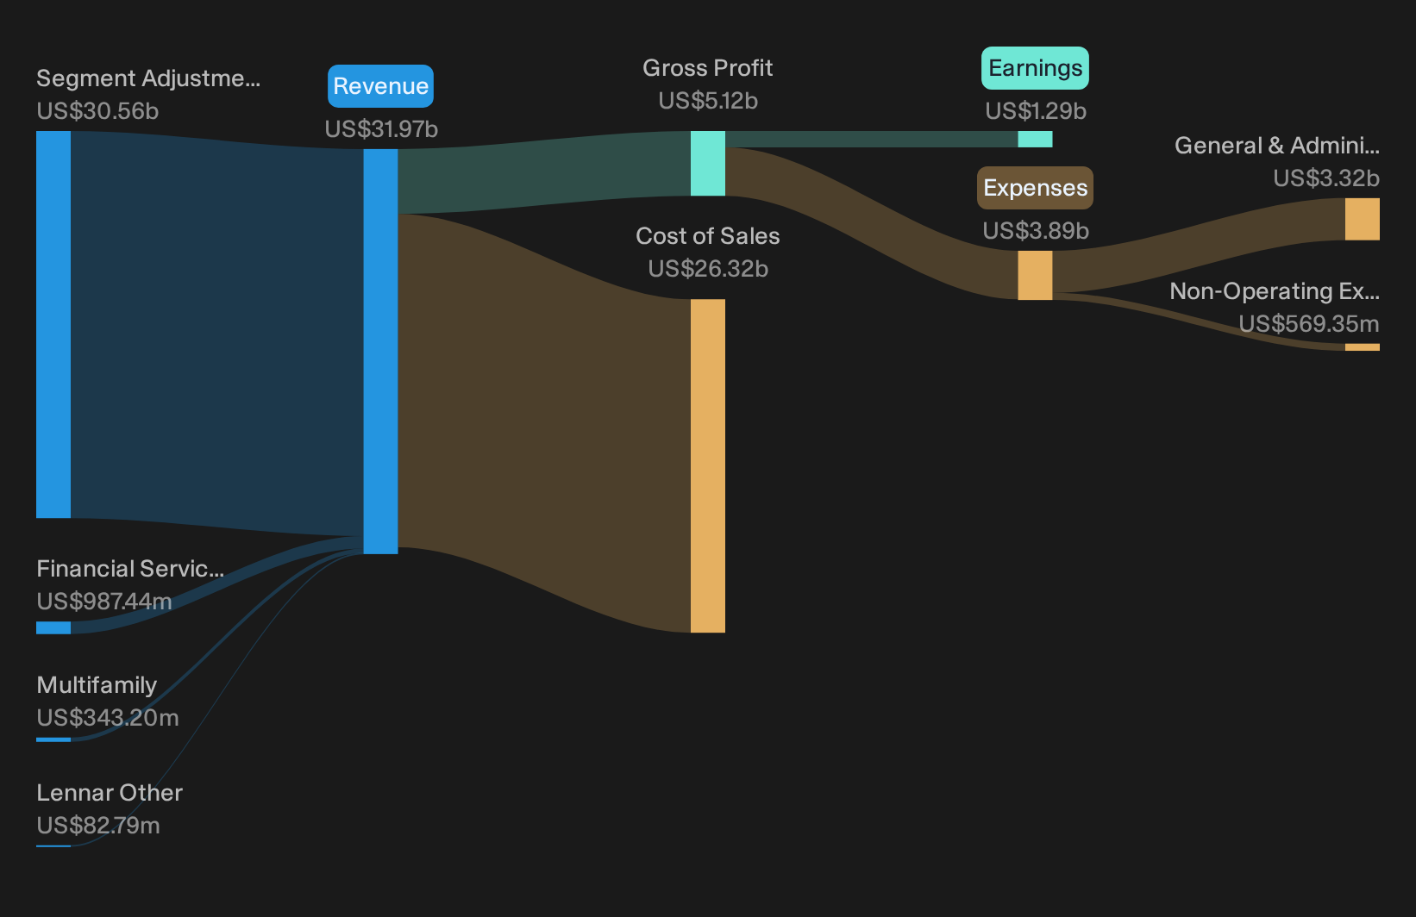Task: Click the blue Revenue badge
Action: coord(380,86)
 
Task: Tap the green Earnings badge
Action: coord(1035,67)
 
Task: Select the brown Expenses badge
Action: coord(1035,188)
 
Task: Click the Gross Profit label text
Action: coord(707,67)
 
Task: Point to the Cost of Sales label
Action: coord(707,236)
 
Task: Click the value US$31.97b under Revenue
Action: coord(381,129)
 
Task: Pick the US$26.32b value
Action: coord(708,269)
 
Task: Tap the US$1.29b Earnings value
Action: coord(1036,110)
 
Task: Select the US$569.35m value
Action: coord(1308,323)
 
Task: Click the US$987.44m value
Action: coord(104,601)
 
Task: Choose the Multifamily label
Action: coord(97,685)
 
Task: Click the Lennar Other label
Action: coord(110,793)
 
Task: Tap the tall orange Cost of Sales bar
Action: coord(707,465)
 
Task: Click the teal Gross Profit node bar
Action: coord(707,163)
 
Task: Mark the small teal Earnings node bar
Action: coord(1035,139)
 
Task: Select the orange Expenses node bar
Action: coord(1035,275)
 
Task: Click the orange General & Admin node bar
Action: coord(1363,219)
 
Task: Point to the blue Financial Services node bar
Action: coord(53,627)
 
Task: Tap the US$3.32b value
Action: coord(1326,178)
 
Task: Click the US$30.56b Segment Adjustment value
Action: coord(97,111)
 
